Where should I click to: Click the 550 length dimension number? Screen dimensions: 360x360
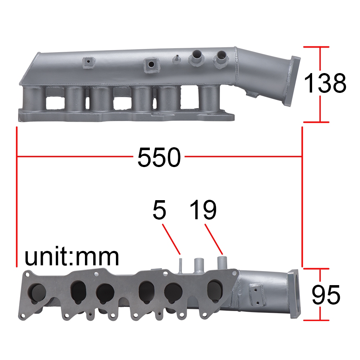pyautogui.click(x=159, y=157)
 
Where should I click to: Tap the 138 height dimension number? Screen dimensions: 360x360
pyautogui.click(x=325, y=83)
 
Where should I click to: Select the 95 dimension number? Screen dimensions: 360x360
pyautogui.click(x=326, y=295)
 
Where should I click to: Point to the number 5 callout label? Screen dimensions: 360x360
pyautogui.click(x=159, y=210)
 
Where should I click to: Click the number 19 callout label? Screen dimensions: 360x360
pyautogui.click(x=203, y=210)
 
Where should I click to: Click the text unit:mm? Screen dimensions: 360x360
pyautogui.click(x=72, y=257)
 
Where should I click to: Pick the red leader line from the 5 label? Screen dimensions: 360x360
pyautogui.click(x=171, y=239)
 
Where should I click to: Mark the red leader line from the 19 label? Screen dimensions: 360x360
pyautogui.click(x=214, y=239)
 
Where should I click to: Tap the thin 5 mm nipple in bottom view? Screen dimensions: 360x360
pyautogui.click(x=180, y=265)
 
